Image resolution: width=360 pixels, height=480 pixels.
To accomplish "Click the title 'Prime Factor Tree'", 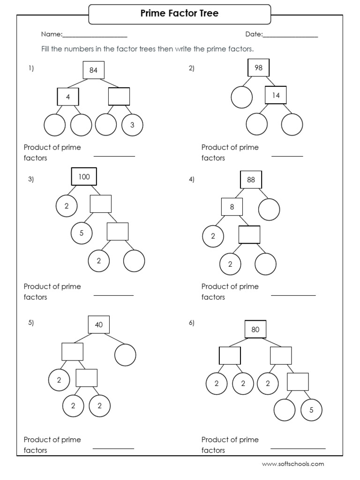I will coord(180,14).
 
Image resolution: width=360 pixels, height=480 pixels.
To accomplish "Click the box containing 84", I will coord(93,70).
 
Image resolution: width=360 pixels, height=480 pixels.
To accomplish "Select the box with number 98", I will coord(258,68).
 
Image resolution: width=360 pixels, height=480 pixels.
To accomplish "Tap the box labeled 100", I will coord(84,177).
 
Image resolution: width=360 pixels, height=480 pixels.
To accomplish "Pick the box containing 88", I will coord(251,180).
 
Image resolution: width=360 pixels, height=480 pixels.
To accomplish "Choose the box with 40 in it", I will coord(99,324).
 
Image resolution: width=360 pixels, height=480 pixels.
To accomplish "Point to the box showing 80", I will coord(255,329).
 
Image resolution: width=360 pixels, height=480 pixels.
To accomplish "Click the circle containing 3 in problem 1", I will coord(132,125).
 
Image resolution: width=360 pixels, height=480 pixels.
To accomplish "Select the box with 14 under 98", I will coord(276,95).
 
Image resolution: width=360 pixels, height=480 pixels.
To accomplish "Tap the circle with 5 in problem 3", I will coord(82,233).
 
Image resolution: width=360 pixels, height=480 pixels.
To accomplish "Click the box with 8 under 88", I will coord(232,207).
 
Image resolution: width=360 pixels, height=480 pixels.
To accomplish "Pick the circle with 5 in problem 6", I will coord(311,411).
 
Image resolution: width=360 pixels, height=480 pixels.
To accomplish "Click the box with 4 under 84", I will coord(67,97).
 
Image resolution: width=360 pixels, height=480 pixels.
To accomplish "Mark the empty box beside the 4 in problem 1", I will coord(119,97).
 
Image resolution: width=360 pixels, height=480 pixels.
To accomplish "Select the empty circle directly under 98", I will coord(242,97).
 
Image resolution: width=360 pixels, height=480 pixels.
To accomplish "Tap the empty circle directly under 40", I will coord(125,354).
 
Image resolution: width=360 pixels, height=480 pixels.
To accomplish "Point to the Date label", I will coord(254,34).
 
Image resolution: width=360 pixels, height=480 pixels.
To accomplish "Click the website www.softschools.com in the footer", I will coord(292,464).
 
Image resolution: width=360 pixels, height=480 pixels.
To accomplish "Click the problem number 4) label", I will coord(192,179).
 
